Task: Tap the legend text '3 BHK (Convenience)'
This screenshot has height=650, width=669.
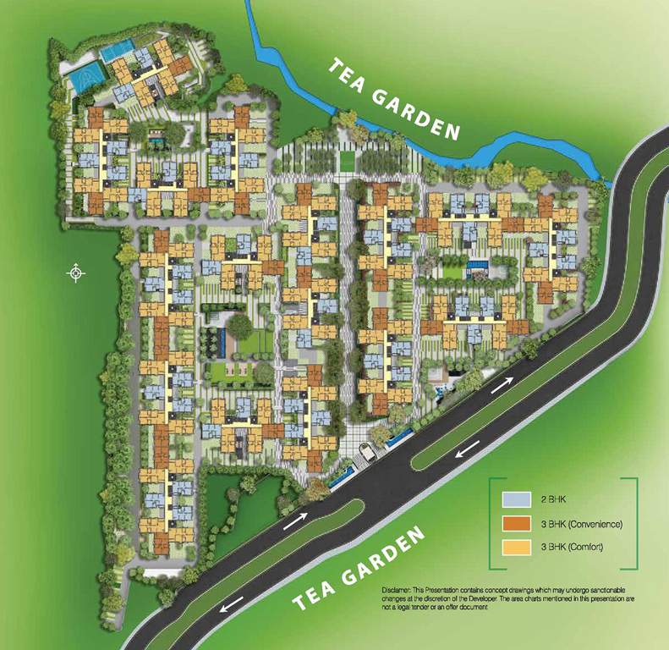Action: click(x=580, y=524)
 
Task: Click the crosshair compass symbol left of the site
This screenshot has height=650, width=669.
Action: click(x=77, y=273)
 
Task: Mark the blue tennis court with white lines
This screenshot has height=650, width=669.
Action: click(x=85, y=79)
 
